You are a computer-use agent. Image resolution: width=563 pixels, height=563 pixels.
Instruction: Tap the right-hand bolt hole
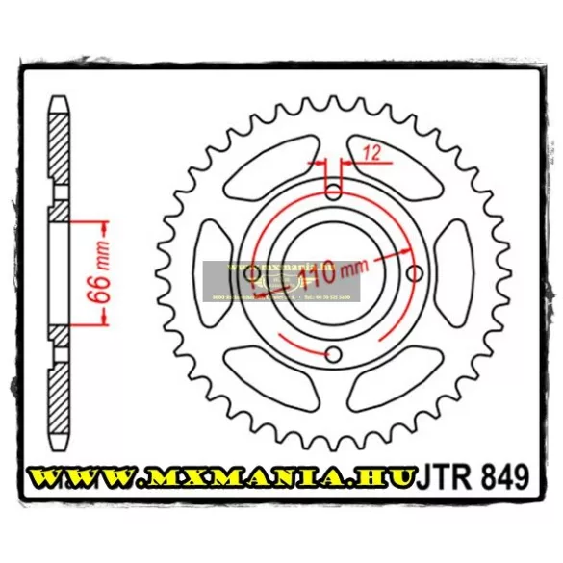tap(414, 274)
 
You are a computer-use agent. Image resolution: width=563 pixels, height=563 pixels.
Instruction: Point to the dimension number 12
tap(372, 150)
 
